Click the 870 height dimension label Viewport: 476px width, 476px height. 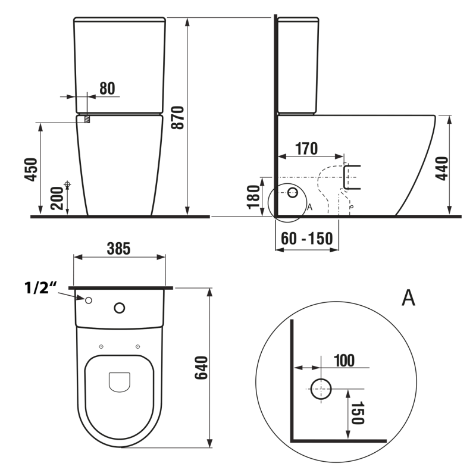(x=177, y=117)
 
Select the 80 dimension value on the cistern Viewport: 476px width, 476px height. (x=107, y=88)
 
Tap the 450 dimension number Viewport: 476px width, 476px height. (x=31, y=170)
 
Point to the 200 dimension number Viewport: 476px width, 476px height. (x=57, y=198)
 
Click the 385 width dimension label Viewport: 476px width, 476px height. (x=118, y=248)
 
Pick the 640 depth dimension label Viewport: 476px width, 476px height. (x=201, y=368)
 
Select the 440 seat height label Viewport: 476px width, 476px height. (x=442, y=168)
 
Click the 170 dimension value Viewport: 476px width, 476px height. (x=306, y=148)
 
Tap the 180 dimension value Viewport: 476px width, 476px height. (x=254, y=197)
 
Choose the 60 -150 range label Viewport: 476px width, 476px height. (x=306, y=239)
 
